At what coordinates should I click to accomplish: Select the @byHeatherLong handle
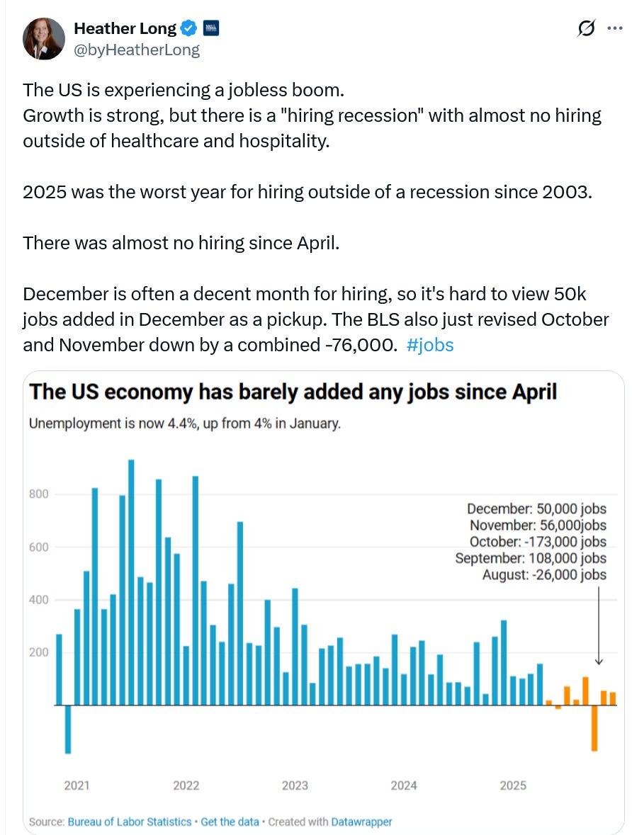(x=137, y=50)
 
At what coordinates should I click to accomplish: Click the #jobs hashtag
(x=431, y=345)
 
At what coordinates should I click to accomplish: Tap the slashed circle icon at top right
(x=587, y=28)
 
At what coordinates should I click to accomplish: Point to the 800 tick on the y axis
(x=38, y=494)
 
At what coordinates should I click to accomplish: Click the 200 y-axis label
(x=38, y=652)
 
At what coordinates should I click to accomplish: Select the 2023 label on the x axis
(x=295, y=785)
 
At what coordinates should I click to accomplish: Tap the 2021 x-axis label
(x=77, y=785)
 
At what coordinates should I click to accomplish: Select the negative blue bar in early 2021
(x=68, y=729)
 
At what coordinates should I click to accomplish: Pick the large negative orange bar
(x=594, y=727)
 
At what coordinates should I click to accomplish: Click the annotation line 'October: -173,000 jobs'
(x=538, y=542)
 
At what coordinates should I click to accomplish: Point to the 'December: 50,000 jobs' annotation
(x=536, y=509)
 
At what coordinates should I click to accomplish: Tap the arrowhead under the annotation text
(x=599, y=661)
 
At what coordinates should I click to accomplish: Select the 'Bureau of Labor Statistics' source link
(x=129, y=822)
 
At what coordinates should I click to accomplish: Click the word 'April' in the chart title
(x=531, y=393)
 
